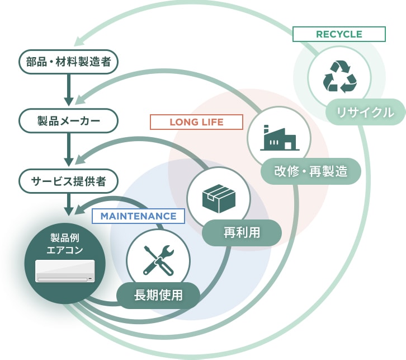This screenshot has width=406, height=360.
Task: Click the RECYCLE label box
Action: coord(339,34)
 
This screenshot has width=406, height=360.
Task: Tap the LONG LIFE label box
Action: coord(196,122)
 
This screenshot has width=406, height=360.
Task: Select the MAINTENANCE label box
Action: coord(138,216)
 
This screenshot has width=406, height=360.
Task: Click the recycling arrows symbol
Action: coord(339,77)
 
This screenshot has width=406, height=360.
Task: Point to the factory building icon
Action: coord(280,138)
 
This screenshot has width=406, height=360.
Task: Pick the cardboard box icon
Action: coord(219,198)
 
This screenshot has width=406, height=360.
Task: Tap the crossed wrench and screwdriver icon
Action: coord(158,260)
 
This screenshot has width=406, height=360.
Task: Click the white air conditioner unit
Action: coord(65,270)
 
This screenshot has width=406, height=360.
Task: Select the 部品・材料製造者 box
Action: coord(68,62)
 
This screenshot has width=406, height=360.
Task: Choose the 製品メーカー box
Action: coord(68,121)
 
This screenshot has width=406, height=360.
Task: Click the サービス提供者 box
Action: coord(68,181)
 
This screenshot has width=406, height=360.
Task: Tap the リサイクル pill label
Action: coord(365,112)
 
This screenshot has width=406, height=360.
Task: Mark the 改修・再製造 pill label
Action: coord(311,171)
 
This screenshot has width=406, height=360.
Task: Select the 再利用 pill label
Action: coord(242,232)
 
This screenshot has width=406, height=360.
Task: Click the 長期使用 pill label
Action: coord(158,295)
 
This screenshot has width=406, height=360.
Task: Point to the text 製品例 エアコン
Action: coord(65,244)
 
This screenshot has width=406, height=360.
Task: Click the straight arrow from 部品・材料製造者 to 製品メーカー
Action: coord(69,90)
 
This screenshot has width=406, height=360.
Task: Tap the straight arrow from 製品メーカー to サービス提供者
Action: coord(69,149)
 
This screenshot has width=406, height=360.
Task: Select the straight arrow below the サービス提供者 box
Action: coord(69,204)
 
